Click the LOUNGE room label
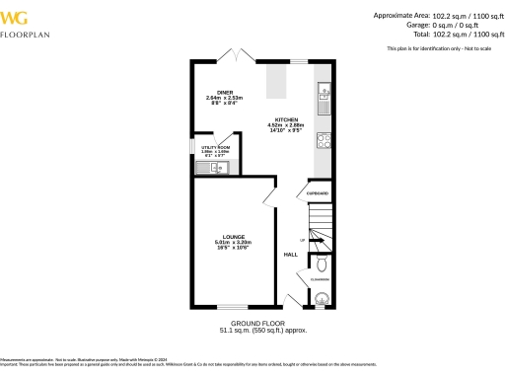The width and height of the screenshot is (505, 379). pos(234,237)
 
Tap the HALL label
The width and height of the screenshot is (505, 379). pos(291,255)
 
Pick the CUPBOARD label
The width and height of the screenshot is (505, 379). pos(318,193)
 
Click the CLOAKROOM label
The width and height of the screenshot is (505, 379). pos(320,280)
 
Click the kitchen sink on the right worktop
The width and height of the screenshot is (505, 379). pos(324,95)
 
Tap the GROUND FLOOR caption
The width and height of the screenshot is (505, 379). pos(257,324)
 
